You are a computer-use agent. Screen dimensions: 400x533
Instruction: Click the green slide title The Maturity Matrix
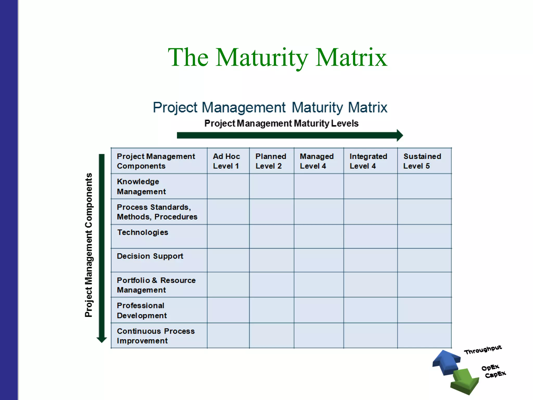(277, 58)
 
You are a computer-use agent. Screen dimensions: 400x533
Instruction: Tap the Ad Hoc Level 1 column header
(226, 161)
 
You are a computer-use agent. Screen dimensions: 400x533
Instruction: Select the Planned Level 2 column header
(270, 161)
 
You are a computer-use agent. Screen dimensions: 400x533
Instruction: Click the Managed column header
(316, 161)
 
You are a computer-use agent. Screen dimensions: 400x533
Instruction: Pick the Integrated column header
(368, 161)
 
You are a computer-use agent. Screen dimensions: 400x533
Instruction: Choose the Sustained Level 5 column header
(422, 161)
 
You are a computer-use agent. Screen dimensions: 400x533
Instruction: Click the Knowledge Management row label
(141, 186)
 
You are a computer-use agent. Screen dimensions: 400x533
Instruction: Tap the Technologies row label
(143, 232)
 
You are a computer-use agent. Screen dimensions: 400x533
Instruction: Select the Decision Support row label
(150, 256)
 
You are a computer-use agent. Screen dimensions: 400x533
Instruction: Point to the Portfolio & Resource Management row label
(156, 285)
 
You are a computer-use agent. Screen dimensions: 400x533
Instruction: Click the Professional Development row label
(142, 310)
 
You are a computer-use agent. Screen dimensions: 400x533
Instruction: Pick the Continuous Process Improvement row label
(156, 336)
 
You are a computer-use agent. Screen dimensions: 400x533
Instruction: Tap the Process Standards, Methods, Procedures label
(157, 212)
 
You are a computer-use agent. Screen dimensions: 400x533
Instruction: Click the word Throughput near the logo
(483, 350)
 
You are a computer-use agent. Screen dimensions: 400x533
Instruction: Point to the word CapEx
(496, 374)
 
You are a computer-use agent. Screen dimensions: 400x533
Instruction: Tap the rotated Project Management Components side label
(89, 245)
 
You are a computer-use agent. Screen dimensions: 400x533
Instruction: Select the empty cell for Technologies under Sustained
(424, 236)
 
